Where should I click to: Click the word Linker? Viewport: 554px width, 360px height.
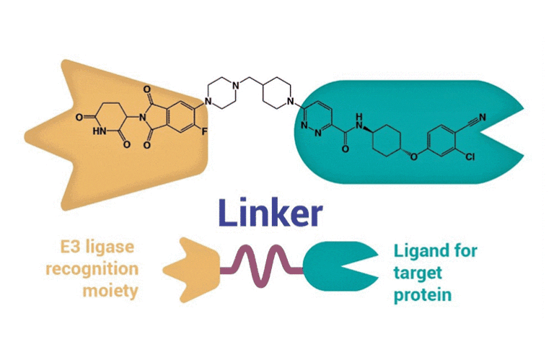click(x=271, y=214)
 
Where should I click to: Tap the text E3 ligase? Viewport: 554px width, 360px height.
click(x=98, y=250)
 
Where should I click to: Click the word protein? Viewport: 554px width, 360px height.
click(x=422, y=296)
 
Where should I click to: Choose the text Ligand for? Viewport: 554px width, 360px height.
click(x=436, y=253)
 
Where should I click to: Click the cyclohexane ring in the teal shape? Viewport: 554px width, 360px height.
click(x=384, y=134)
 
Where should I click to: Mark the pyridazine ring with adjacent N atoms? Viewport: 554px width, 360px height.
click(x=317, y=118)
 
